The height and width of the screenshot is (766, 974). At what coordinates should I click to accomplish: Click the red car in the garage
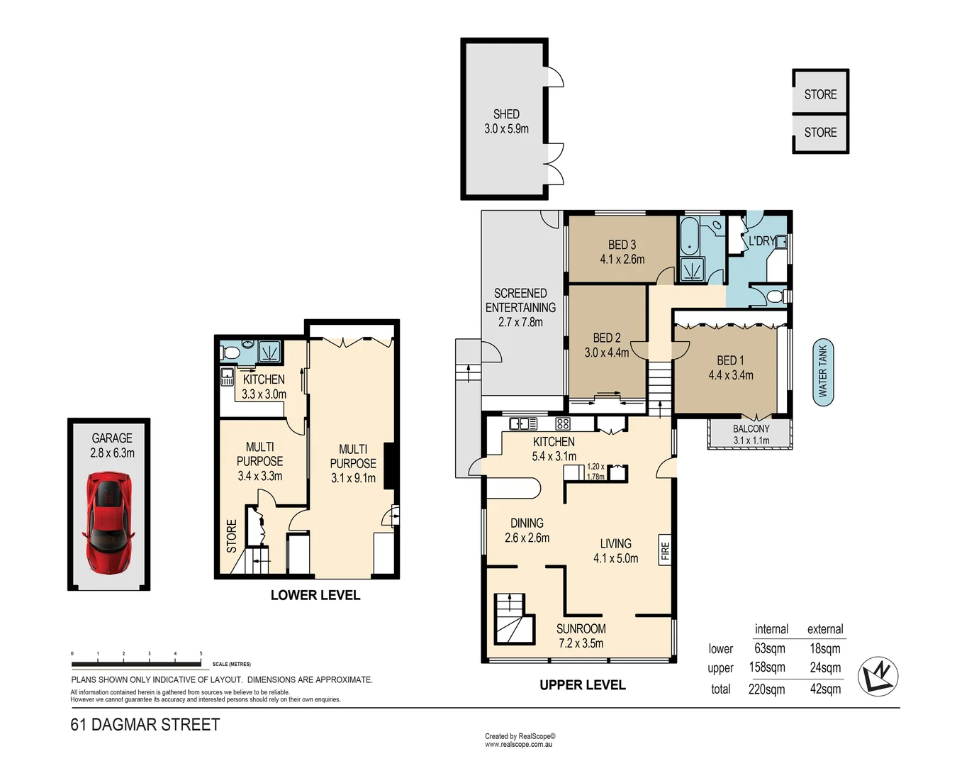(x=108, y=523)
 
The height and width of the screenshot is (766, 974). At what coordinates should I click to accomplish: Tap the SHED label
(x=506, y=114)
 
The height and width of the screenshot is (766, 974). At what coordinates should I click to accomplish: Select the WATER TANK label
(x=822, y=372)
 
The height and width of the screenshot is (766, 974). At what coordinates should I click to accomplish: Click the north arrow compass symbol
(x=878, y=675)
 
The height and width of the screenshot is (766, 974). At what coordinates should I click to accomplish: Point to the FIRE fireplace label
(x=665, y=550)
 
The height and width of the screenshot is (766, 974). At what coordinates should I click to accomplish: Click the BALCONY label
(x=751, y=428)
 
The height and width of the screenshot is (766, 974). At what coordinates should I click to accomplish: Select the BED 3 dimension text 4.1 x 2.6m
(x=622, y=260)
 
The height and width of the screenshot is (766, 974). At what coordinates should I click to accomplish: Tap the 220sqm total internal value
(x=766, y=689)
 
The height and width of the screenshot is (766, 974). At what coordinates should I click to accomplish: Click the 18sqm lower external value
(x=825, y=648)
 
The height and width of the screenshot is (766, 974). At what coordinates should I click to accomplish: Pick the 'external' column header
(x=825, y=629)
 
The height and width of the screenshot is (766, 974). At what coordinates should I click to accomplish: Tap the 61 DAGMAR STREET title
(x=145, y=725)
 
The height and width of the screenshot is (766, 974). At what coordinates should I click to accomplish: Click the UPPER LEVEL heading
(x=582, y=685)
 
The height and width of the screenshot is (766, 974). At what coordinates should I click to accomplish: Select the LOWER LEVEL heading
(x=315, y=595)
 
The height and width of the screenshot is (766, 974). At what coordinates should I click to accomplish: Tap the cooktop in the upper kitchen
(x=563, y=424)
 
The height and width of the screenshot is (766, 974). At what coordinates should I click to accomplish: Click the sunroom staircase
(x=513, y=619)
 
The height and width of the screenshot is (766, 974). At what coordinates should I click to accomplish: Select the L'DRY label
(x=761, y=241)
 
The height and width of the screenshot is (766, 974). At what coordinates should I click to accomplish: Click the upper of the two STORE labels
(x=820, y=94)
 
